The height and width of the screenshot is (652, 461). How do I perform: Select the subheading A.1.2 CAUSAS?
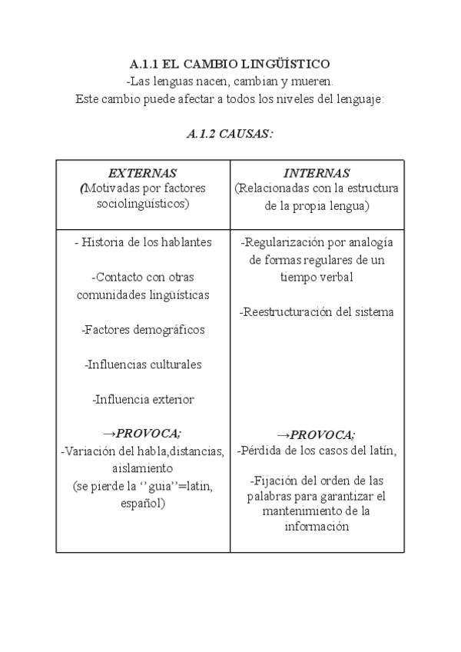coord(230,134)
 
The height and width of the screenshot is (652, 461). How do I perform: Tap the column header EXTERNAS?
coord(143,173)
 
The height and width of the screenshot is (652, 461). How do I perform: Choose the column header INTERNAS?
coord(317,173)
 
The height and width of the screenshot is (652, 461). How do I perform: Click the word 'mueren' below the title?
coord(316,81)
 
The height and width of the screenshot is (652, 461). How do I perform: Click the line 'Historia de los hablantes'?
coord(143,242)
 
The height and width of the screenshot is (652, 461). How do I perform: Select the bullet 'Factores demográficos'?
coord(143,330)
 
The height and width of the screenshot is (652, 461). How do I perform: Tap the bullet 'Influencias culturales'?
coord(143,364)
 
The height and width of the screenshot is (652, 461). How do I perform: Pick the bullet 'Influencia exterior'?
coord(143,399)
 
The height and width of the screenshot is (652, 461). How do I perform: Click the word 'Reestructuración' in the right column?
coord(282,312)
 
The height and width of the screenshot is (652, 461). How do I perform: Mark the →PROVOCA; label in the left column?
coord(143,434)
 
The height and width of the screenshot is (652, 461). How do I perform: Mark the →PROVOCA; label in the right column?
coord(317,434)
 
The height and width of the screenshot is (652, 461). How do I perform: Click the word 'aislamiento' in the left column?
coord(143,468)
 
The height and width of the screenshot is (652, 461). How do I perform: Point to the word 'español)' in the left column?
coord(143,503)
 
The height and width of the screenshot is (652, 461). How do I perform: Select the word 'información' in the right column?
coord(317,527)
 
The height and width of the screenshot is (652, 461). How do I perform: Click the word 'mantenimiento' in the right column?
coord(300,511)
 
